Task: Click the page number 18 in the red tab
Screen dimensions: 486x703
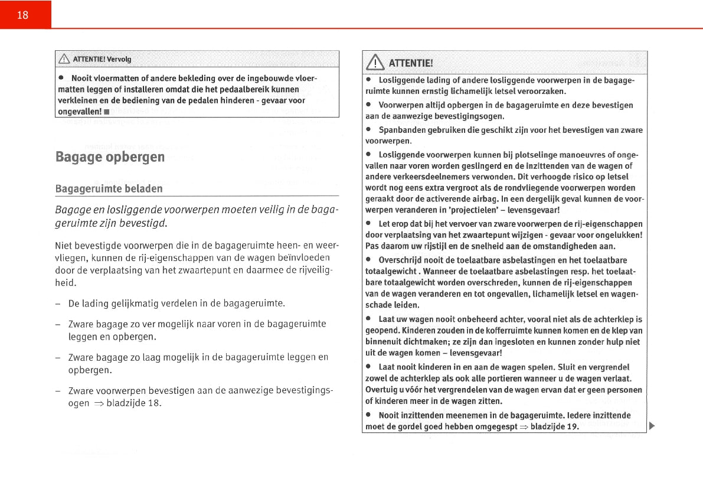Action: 22,15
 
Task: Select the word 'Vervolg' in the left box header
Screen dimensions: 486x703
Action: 119,59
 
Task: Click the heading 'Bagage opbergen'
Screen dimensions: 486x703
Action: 110,157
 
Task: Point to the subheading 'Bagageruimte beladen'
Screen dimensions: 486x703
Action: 109,189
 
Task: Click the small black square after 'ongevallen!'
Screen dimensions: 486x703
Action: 107,112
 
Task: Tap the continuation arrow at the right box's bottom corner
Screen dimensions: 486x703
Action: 652,426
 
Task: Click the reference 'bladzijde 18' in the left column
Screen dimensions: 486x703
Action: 134,404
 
